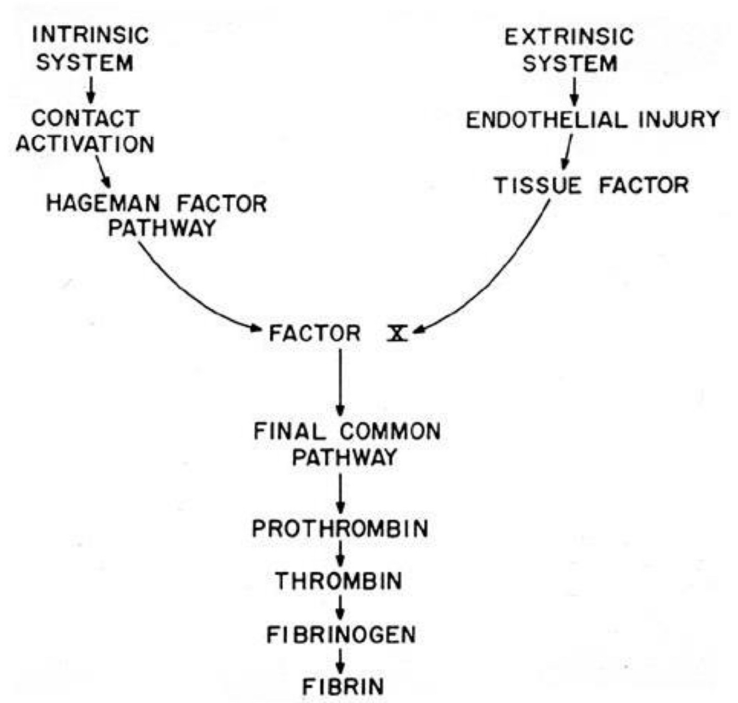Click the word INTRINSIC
[90, 35]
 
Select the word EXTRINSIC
[569, 37]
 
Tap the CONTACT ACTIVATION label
[85, 131]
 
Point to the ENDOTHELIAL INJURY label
[593, 119]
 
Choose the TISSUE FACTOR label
[591, 185]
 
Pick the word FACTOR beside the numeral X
[314, 334]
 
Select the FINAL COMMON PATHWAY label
[346, 444]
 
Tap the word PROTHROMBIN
[340, 529]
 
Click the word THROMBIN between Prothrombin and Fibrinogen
[339, 581]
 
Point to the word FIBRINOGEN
[341, 634]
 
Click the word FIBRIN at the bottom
[342, 686]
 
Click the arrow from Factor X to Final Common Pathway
[340, 382]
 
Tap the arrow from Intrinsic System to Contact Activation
[91, 89]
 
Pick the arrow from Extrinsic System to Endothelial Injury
[574, 91]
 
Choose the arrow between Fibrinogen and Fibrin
[341, 660]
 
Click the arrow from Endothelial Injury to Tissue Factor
[567, 152]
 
